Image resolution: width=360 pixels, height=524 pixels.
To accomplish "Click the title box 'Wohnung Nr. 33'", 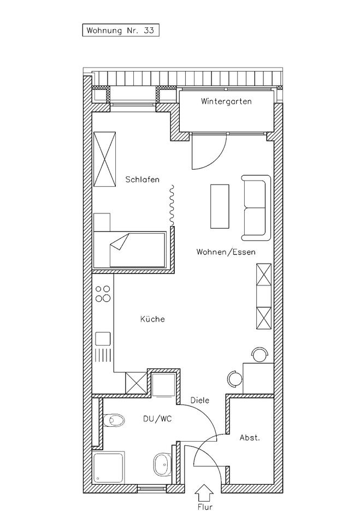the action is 121,31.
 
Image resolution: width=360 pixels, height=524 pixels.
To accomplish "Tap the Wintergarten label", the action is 226,102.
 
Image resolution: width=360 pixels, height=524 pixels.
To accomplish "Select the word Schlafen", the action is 142,179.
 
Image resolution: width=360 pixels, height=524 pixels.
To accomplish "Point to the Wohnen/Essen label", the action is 226,252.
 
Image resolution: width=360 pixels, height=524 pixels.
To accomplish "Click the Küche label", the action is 152,319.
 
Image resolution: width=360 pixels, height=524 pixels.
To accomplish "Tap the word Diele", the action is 199,400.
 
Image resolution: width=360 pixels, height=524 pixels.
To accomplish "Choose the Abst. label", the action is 250,438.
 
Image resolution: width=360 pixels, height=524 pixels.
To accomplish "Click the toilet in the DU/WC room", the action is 114,420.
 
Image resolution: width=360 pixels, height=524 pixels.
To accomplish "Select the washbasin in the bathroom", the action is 161,464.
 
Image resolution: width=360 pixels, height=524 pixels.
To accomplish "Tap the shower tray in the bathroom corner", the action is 109,468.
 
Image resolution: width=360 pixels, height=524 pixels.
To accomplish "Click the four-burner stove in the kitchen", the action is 102,294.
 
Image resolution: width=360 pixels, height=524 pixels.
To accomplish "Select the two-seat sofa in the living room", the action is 256,208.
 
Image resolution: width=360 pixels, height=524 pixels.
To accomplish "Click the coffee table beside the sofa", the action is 220,206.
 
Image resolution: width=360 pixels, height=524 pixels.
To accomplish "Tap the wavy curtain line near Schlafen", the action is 170,205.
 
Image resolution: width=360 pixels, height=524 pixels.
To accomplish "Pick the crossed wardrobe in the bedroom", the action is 104,159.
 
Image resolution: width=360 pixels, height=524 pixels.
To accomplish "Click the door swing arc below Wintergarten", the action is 210,154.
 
